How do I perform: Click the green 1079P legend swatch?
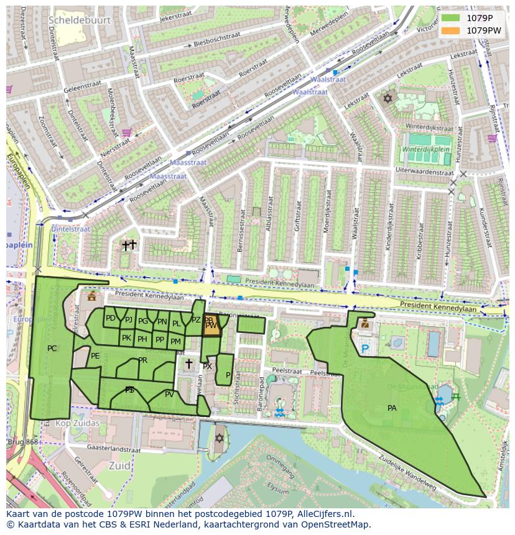[450, 18]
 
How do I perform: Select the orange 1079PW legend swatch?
[450, 30]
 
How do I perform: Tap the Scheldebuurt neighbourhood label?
[79, 20]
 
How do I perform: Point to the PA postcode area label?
[392, 408]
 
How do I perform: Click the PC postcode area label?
[52, 349]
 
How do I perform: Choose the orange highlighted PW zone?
[211, 326]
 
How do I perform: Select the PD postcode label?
[110, 318]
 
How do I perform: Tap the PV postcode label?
[169, 394]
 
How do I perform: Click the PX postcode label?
[207, 367]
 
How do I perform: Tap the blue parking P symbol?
[365, 350]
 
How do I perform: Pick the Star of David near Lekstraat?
[388, 98]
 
